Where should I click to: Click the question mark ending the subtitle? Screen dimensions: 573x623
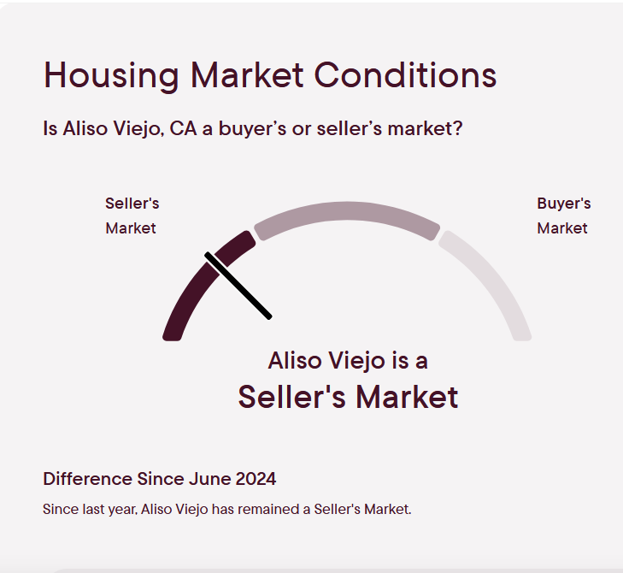(x=458, y=129)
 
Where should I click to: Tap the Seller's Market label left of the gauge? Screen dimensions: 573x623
(x=132, y=216)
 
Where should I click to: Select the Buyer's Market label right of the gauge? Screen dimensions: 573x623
(x=563, y=216)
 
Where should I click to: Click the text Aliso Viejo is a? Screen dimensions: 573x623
(x=348, y=360)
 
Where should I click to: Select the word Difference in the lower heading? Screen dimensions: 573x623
(x=88, y=479)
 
